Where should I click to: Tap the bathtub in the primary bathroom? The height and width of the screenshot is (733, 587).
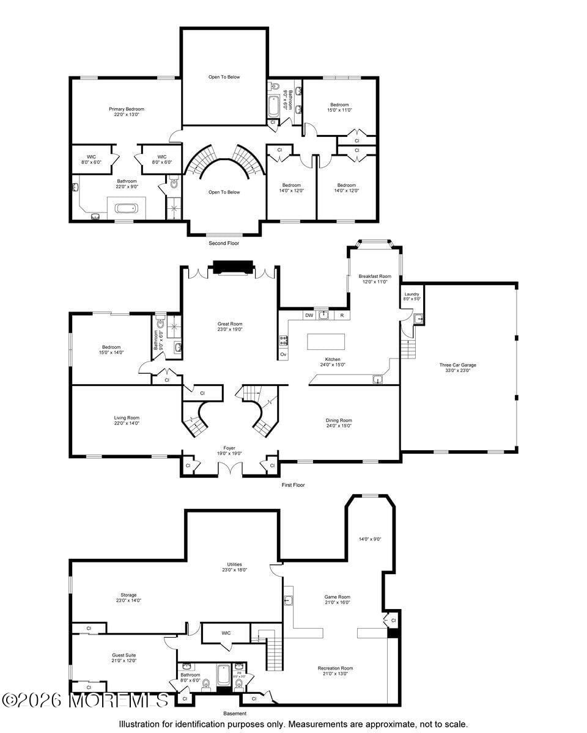pos(127,208)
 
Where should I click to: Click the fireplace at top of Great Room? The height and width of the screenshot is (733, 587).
pos(232,268)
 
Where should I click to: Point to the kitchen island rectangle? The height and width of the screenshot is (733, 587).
pos(326,341)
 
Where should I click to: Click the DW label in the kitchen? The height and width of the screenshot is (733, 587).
pos(309,315)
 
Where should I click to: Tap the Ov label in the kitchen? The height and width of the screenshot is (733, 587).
pos(283,354)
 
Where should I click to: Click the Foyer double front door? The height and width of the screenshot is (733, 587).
pos(230,469)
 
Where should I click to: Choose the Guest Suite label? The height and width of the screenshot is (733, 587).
pos(124,657)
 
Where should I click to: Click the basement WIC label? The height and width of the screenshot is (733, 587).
pos(226,633)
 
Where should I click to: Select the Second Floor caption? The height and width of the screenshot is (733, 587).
pos(224,243)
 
